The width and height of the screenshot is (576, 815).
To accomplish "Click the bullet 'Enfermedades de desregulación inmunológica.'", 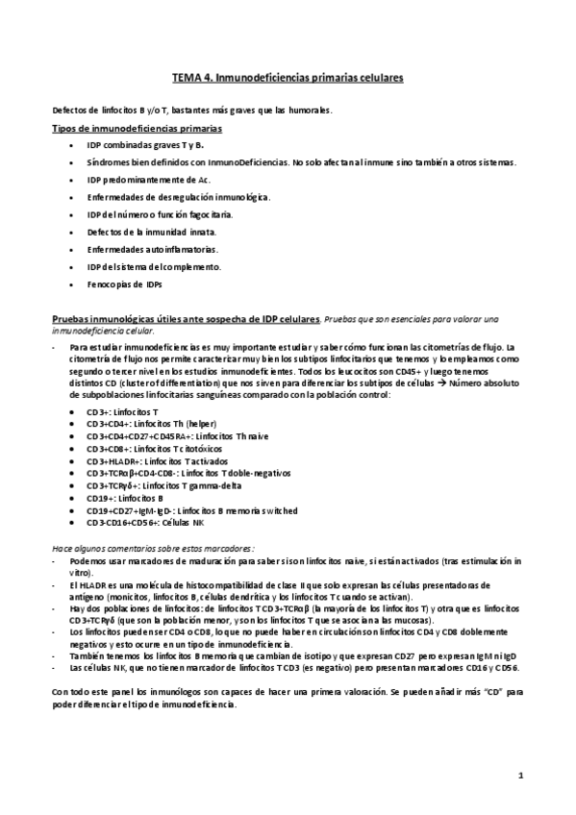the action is coord(178,197).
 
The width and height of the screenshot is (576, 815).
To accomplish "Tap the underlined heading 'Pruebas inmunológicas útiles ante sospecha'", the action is coord(183,319).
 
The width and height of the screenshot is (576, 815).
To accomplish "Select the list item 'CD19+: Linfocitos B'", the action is coord(124,499).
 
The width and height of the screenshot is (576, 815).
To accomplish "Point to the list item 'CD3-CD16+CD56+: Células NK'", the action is coord(143,524).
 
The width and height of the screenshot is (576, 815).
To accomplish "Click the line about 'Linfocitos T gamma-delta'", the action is coord(159,486).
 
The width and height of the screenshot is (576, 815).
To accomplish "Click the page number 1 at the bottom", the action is coord(519,774).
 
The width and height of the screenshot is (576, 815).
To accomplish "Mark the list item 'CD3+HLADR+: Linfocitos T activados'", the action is coord(160,460).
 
